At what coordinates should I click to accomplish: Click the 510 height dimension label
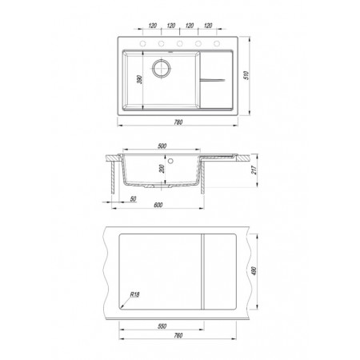pos(246,75)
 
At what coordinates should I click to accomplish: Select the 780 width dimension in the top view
pos(178,122)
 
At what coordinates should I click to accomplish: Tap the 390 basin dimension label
pos(139,80)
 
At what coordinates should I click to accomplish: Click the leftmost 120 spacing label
pos(152,26)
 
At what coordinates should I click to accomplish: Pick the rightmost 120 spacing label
pos(208,26)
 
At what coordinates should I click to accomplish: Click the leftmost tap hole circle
pos(142,43)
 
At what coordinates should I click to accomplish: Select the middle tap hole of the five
pos(180,43)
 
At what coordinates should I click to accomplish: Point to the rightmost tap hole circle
pos(217,43)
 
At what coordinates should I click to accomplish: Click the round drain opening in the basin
pos(161,68)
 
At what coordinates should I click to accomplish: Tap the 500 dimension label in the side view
pos(162,146)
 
